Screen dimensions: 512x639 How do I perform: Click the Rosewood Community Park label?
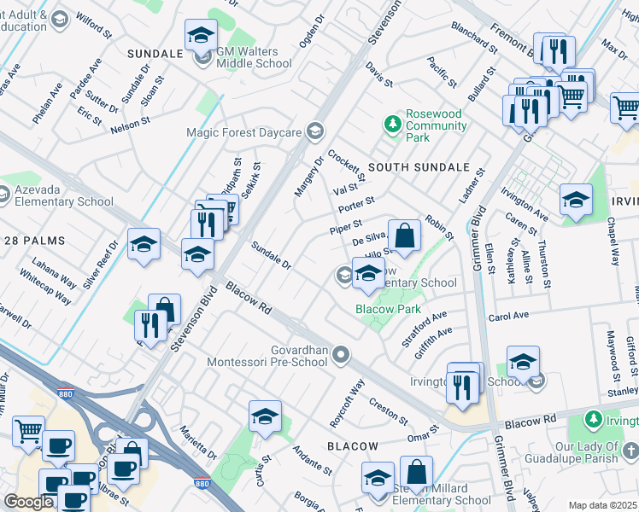click(x=435, y=125)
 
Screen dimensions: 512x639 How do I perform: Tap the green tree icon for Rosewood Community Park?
click(x=392, y=125)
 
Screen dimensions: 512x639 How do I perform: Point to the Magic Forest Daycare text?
click(x=244, y=132)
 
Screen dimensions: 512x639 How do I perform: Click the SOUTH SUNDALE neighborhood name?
click(x=419, y=167)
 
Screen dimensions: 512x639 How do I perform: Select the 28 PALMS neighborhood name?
click(x=33, y=241)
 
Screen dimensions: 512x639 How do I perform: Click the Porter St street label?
click(x=356, y=206)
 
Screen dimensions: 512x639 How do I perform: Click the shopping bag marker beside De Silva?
click(x=405, y=235)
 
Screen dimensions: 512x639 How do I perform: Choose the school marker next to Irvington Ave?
click(x=576, y=201)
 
